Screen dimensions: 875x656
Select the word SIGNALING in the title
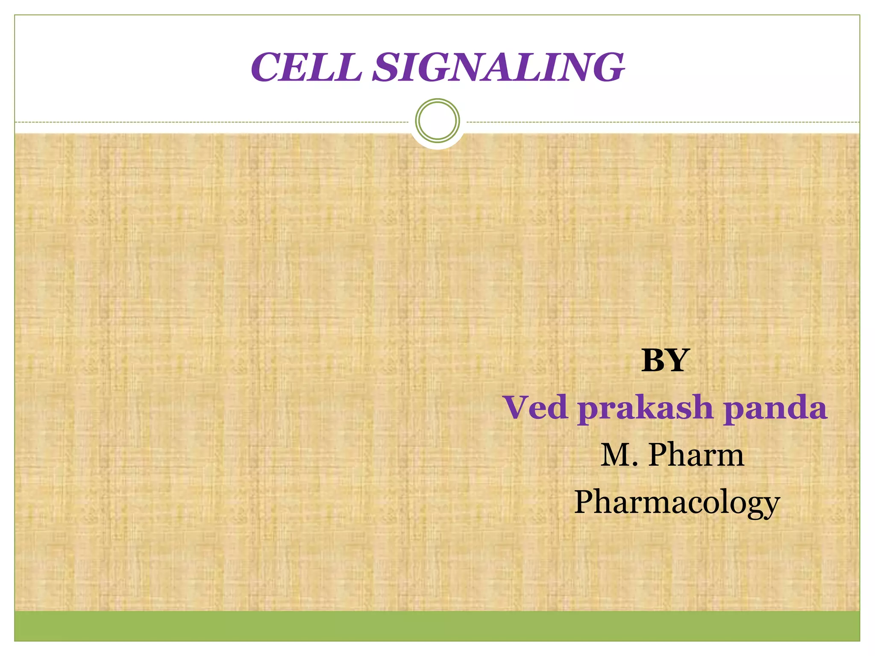click(498, 67)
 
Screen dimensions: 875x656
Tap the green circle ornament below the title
click(437, 120)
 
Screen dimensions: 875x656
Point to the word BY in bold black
click(665, 360)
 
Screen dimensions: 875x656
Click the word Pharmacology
click(677, 503)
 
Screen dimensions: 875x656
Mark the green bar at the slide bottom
click(437, 626)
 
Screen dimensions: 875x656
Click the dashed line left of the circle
click(214, 122)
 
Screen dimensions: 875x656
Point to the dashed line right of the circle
click(662, 122)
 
